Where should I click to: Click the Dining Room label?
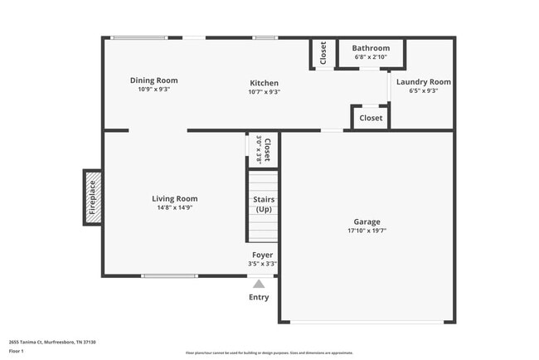153,80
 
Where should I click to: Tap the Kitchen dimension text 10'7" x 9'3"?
264,92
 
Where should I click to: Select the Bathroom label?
370,48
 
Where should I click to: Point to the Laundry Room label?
423,81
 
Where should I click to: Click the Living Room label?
174,198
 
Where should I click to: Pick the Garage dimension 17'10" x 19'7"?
367,231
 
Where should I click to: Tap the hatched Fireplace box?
92,197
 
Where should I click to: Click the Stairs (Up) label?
264,204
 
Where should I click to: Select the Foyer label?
263,255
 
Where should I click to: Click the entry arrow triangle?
259,284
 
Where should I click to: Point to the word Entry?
259,297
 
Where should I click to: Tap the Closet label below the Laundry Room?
371,118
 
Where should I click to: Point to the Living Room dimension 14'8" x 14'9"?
174,208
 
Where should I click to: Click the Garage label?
367,221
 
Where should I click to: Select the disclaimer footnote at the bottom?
269,353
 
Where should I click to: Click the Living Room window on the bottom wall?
168,275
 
